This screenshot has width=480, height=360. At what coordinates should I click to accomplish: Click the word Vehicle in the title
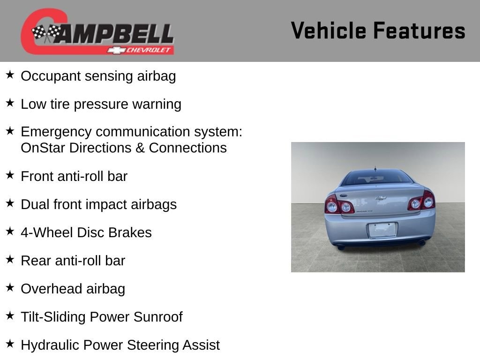329,30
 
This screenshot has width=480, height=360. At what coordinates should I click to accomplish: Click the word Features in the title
420,30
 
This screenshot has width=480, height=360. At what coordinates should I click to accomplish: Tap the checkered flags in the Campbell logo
46,32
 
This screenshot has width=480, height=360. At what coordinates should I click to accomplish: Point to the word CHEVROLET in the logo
148,50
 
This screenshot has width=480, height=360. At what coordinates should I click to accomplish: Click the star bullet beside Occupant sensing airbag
10,75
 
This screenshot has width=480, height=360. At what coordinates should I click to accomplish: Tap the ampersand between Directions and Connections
140,148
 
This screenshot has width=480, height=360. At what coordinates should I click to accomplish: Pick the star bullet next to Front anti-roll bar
10,175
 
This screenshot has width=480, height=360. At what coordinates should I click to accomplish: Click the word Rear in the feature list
34,261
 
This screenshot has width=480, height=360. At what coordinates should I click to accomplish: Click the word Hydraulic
50,345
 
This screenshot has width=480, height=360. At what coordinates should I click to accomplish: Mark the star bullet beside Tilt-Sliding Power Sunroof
10,315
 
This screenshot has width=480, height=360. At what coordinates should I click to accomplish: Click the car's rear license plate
382,230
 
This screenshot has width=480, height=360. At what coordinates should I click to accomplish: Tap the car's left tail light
338,205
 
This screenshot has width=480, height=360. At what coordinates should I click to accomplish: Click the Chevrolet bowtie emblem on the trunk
381,198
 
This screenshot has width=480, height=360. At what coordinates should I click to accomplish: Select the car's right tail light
421,201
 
